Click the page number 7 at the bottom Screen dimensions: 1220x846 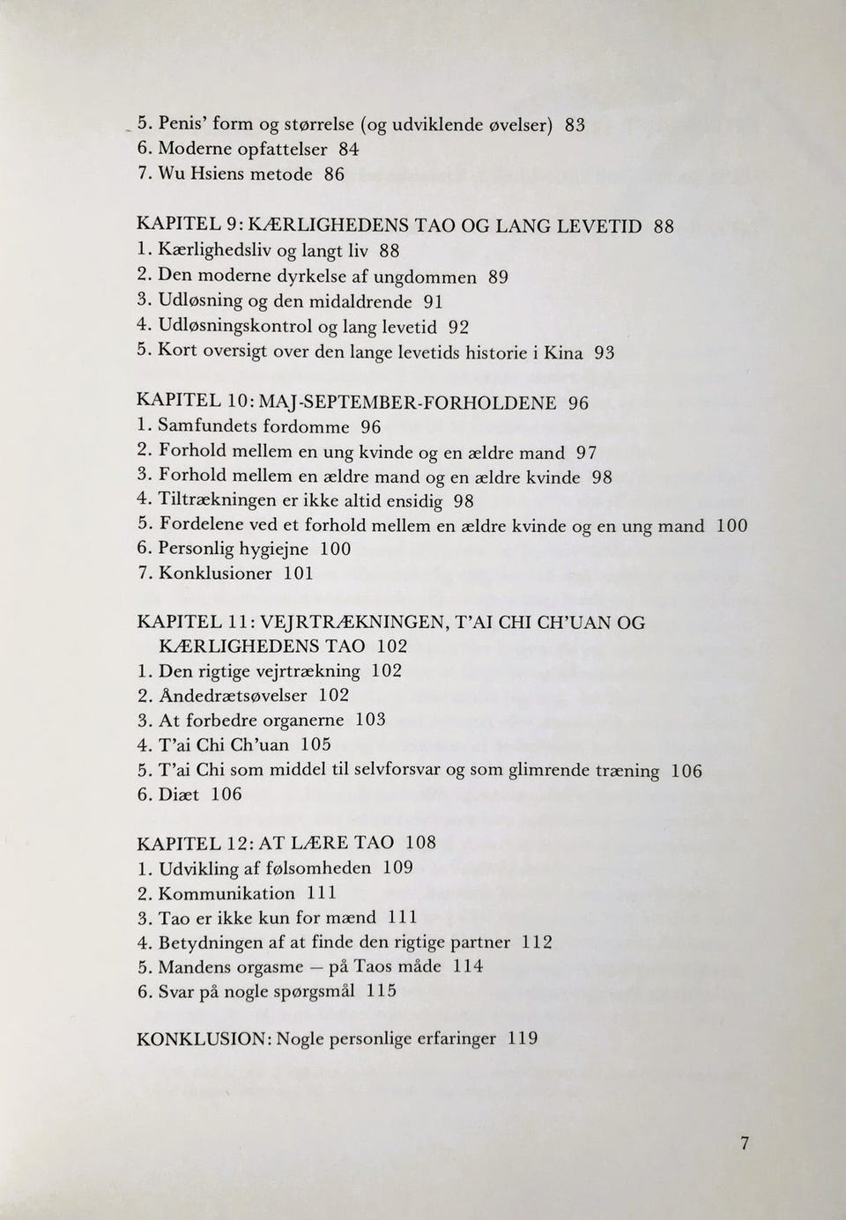[745, 1143]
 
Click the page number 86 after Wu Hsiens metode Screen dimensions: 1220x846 [334, 174]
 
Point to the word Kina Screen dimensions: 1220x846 [563, 353]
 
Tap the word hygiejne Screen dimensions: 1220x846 [274, 549]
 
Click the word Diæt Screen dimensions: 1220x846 [179, 794]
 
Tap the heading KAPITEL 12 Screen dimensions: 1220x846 [184, 843]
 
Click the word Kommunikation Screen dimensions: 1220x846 [226, 892]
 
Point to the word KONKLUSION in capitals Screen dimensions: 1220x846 [202, 1039]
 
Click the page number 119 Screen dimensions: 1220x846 [523, 1038]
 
